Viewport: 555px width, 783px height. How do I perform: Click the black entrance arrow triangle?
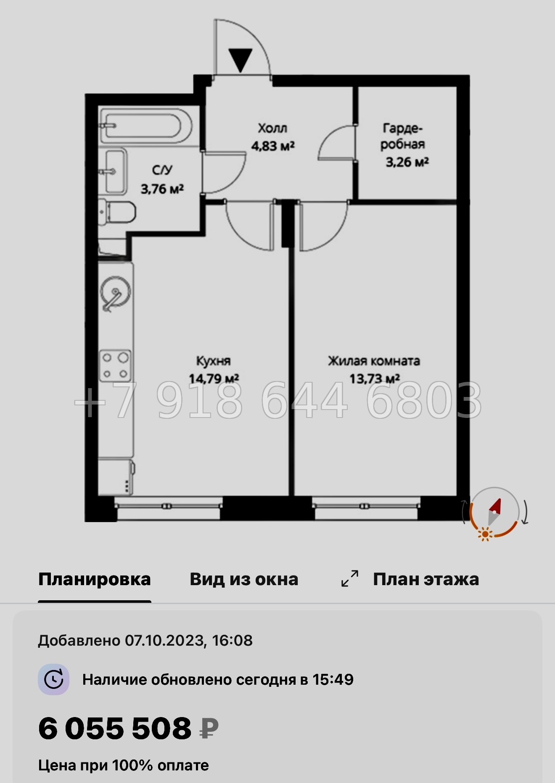coord(240,60)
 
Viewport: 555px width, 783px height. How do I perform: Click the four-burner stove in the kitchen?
coord(115,365)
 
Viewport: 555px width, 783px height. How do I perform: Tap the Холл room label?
coord(272,128)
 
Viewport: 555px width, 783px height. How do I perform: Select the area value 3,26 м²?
coord(407,162)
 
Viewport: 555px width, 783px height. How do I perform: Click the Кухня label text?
coord(214,361)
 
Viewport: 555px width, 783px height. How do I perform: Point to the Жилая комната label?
coord(374,361)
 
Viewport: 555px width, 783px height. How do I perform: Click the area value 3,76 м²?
coord(162,189)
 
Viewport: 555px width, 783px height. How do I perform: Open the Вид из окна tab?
coord(244,579)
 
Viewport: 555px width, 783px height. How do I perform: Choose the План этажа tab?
coord(425,579)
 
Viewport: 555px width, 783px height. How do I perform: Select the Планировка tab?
coord(94,579)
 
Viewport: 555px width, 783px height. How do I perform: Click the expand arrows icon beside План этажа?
coord(349,578)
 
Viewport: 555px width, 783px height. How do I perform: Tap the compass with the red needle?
coord(494,512)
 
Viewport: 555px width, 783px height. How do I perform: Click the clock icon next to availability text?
coord(53,679)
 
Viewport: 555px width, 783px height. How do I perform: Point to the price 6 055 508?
coord(115,728)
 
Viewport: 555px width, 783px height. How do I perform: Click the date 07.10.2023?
coord(164,641)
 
